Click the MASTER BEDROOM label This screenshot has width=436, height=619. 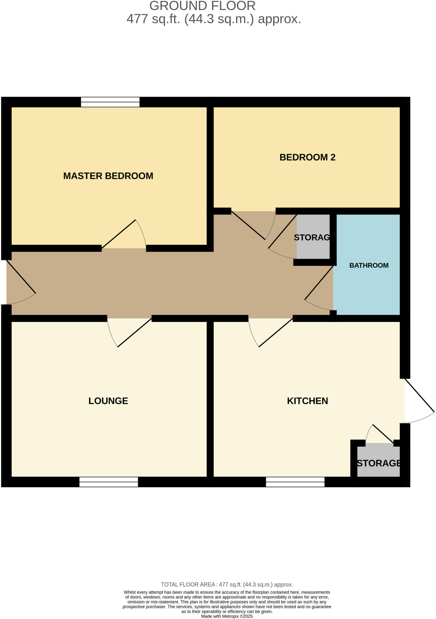[108, 176]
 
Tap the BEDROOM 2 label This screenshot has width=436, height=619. [307, 157]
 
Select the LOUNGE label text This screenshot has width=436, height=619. [108, 401]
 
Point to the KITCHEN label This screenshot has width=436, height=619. [307, 401]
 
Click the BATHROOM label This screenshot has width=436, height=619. [369, 265]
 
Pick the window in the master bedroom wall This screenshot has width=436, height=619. [110, 102]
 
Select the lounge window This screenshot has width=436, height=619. [109, 482]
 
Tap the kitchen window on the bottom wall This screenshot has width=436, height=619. [295, 482]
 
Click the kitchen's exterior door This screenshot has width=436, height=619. [419, 396]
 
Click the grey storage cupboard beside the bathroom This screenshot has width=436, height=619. [313, 237]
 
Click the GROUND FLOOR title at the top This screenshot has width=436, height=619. [202, 6]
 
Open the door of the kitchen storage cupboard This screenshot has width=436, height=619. [383, 434]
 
